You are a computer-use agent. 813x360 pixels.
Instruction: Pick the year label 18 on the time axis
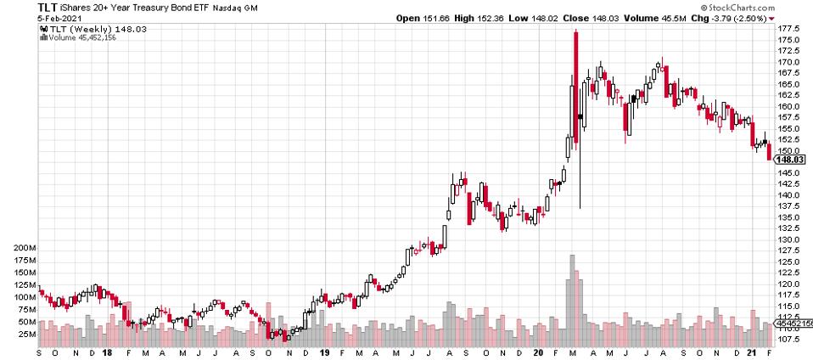click(x=107, y=352)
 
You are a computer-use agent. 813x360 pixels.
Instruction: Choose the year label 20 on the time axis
click(x=538, y=352)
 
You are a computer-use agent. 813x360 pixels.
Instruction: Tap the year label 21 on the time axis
click(x=753, y=352)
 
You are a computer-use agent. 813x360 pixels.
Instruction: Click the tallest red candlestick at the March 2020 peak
click(x=575, y=85)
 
